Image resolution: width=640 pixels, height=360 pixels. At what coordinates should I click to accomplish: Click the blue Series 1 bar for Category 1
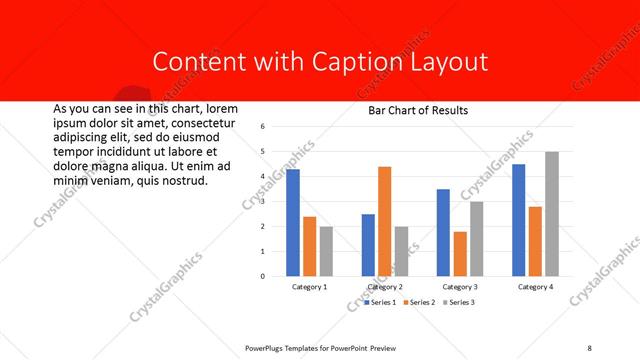293,222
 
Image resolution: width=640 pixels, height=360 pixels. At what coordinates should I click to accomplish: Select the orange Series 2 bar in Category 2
384,221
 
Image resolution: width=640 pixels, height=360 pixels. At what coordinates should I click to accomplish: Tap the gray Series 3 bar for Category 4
552,213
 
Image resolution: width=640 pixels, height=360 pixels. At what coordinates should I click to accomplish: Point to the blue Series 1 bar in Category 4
519,219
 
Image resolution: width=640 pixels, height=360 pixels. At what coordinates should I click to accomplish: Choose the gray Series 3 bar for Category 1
325,250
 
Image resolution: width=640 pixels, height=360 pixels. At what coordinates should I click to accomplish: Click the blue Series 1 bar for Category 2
368,244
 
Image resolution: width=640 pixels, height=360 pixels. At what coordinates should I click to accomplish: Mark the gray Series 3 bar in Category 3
476,238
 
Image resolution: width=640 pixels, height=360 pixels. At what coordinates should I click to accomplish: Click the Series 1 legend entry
381,301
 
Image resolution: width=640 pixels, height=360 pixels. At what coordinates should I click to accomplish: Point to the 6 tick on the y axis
261,127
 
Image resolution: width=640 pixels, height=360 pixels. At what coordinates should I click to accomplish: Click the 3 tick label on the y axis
261,201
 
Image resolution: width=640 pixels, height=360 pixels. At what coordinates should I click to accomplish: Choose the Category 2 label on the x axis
385,287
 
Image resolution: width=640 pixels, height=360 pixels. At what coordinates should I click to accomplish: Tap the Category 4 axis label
536,287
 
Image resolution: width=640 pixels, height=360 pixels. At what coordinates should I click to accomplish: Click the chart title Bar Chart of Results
412,110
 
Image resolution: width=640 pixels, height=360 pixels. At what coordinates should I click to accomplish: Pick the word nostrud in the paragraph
182,181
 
